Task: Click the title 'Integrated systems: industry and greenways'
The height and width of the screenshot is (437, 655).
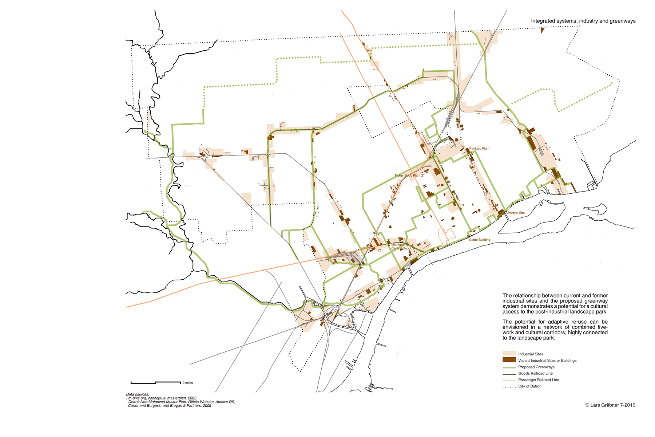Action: [583, 21]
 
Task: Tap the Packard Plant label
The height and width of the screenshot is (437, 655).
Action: [479, 149]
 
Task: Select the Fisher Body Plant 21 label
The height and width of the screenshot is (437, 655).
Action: [410, 176]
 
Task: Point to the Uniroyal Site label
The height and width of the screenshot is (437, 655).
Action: [516, 213]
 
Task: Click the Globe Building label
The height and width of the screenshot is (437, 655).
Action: [479, 240]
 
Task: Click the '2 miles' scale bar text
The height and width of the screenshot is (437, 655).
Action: [188, 383]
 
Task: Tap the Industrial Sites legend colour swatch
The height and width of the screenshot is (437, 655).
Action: [509, 354]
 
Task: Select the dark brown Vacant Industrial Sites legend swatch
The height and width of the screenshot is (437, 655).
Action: [509, 360]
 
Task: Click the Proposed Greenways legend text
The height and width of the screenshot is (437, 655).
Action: [536, 367]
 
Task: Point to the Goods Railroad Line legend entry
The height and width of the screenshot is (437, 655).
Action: [535, 373]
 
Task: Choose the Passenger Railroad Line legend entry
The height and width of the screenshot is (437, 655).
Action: [539, 380]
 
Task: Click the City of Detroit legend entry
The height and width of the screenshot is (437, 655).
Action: [530, 386]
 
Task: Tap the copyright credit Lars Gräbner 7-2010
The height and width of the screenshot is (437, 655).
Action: [610, 405]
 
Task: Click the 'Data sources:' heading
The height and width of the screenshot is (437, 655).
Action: [138, 394]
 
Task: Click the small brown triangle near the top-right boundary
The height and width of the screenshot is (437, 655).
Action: [542, 31]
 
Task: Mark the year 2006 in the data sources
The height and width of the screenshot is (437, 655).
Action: [207, 406]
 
